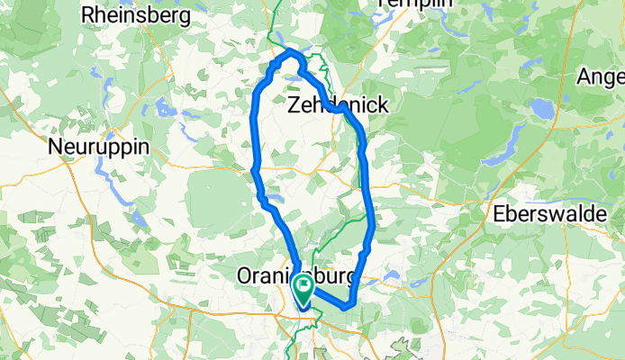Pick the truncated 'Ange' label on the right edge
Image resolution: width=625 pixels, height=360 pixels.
pos(604,76)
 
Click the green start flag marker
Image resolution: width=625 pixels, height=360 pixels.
pos(303,290)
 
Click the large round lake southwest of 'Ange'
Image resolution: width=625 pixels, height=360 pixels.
pos(543,108)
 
